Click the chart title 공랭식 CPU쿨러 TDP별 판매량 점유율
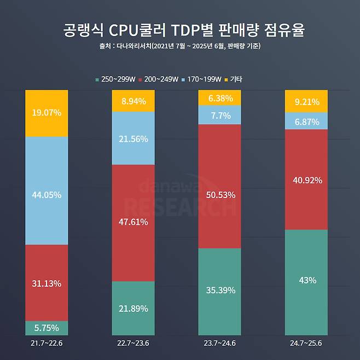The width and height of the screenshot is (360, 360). (180, 30)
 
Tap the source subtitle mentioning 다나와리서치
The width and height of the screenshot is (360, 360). (180, 47)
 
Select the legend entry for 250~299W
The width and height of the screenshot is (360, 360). (115, 79)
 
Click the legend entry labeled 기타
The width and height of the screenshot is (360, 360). (233, 79)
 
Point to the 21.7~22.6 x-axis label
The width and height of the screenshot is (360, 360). (47, 343)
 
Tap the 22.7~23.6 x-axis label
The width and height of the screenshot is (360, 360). (133, 343)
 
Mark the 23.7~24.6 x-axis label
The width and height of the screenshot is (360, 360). (219, 343)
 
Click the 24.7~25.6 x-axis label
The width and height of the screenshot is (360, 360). (306, 343)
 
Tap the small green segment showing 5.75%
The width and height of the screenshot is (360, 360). (47, 328)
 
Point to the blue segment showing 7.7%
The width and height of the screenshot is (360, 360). (219, 115)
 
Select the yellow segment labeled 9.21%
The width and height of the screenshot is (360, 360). (306, 101)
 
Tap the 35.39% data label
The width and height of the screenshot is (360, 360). (219, 290)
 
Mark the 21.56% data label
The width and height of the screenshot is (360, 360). (133, 139)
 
